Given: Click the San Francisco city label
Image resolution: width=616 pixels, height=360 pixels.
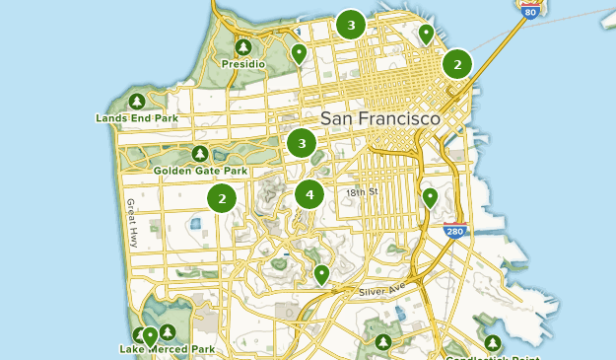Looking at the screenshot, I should [379, 116].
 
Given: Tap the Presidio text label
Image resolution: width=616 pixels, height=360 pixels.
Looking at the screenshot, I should [243, 64].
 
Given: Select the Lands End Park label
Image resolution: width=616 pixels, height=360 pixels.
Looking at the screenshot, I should [137, 118].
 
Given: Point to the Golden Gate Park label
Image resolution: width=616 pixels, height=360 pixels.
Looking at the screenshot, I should [199, 171].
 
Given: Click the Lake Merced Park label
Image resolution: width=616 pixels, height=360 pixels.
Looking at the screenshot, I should [168, 349].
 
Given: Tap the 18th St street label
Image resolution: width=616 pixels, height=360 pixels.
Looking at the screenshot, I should [362, 192].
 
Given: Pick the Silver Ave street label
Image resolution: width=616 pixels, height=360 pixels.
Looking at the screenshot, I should [381, 292].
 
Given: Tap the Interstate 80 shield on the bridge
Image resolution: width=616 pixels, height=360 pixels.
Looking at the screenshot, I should [531, 7].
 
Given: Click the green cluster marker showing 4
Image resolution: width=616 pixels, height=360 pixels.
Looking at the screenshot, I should [309, 194].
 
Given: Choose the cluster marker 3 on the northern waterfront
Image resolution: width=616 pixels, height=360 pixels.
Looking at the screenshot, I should [350, 25].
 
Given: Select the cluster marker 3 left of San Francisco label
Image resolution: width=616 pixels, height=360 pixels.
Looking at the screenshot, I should [302, 144].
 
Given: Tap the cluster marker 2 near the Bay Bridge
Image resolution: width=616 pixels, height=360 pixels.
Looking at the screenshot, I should [456, 64].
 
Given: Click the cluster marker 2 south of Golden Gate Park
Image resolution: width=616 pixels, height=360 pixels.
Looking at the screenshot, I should [222, 198].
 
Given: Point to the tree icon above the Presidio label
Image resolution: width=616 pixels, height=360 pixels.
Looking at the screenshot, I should [243, 47].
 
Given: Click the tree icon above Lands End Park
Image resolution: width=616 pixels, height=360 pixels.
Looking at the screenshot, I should [137, 102].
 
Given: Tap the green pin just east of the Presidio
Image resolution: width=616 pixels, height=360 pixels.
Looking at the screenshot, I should [299, 52].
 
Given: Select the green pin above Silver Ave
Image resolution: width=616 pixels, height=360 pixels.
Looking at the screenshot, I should [321, 273].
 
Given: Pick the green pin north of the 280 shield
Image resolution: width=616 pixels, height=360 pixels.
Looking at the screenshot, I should [430, 197].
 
